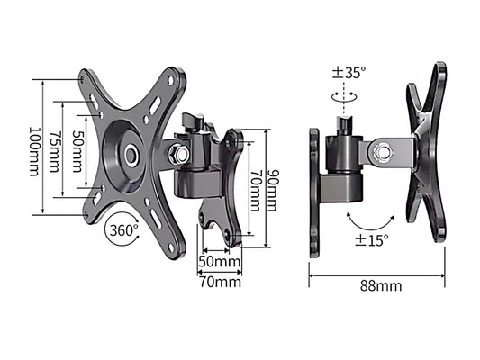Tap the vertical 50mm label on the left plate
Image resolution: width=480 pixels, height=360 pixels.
tap(78, 146)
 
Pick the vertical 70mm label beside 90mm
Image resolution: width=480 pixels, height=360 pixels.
tap(255, 190)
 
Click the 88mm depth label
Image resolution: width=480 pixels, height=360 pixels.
tap(377, 287)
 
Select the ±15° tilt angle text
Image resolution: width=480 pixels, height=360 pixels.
tap(370, 240)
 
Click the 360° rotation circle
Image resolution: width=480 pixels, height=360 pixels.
tap(123, 229)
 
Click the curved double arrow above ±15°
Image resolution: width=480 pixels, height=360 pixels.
tap(370, 219)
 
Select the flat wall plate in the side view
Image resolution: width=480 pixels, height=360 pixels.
tap(314, 192)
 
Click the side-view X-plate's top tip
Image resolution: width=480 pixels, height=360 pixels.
tap(439, 69)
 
